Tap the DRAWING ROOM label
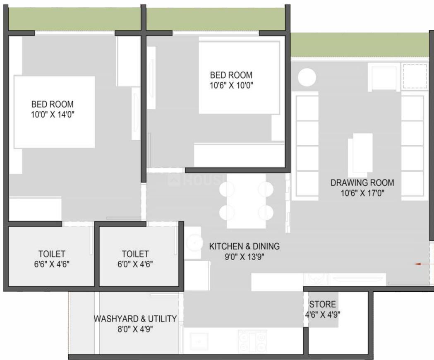coord(362,182)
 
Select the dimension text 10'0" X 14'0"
coord(53,115)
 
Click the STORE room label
coord(323,305)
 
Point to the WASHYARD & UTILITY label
coord(135,319)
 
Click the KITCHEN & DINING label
coord(244,246)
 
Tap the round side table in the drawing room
coord(307,78)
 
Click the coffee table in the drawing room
coord(361,153)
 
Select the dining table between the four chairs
coord(246,201)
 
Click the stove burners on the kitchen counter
coord(252,341)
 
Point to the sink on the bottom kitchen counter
coord(199,341)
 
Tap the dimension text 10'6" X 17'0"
coord(362,192)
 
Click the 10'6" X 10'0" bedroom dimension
coord(231,86)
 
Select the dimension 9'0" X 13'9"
coord(244,256)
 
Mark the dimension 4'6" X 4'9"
coord(323,314)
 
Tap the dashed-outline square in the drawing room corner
coord(415,76)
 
